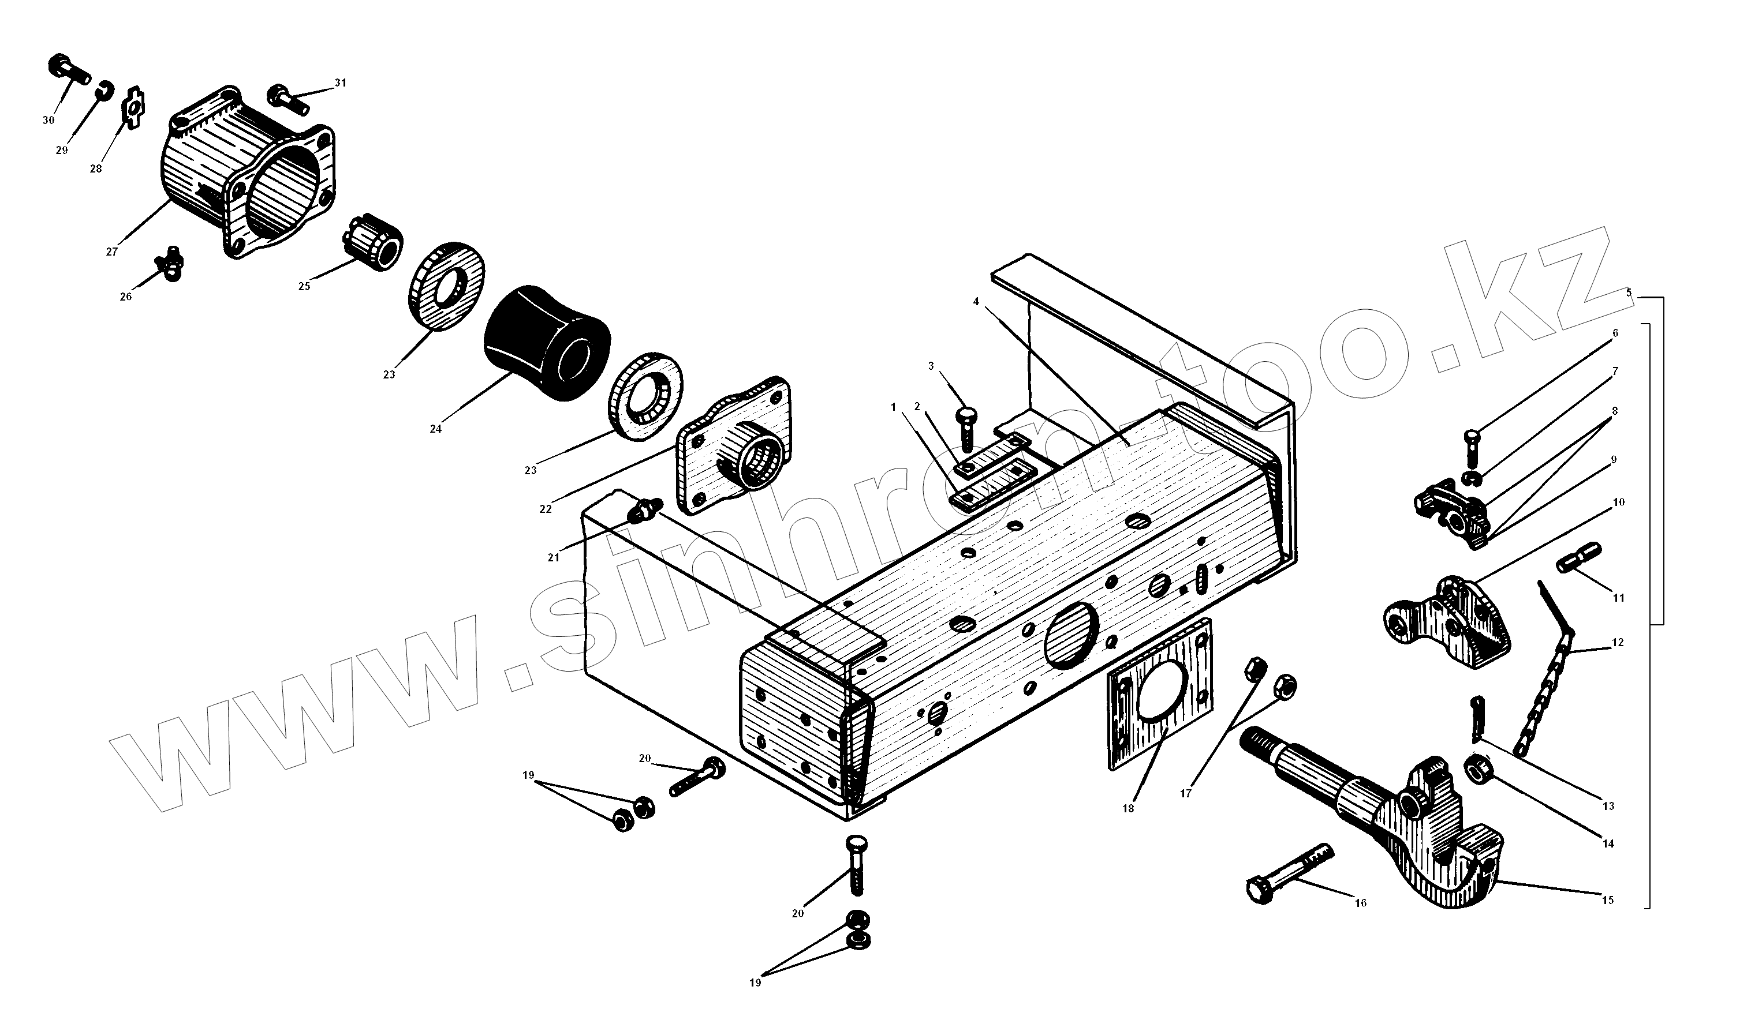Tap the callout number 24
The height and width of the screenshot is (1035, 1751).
coord(435,429)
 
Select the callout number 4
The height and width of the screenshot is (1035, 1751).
coord(976,301)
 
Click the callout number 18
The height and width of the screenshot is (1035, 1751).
coord(1129,809)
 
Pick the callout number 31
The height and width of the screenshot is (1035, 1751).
coord(340,83)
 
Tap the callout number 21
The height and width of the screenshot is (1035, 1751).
coord(554,558)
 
